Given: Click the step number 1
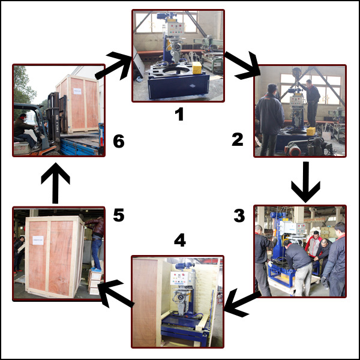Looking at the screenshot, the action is (x=179, y=114).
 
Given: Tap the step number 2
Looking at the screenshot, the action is (x=238, y=140).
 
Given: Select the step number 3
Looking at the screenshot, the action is (x=239, y=215).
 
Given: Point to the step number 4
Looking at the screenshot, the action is (x=180, y=240).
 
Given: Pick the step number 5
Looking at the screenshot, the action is (x=119, y=215).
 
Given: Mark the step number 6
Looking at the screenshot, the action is (x=119, y=141).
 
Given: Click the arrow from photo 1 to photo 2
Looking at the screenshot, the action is (x=244, y=65).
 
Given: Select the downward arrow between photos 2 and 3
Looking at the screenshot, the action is (x=305, y=182).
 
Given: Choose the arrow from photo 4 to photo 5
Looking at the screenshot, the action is (x=115, y=293).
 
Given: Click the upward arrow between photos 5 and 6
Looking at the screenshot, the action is (x=55, y=183).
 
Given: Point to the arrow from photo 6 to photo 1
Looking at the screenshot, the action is (x=113, y=65).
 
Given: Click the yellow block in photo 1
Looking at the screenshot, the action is (x=197, y=68).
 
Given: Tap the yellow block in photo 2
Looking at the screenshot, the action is (x=311, y=131).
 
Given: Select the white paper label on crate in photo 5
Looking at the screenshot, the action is (x=38, y=240).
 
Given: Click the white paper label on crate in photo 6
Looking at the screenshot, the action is (x=77, y=91).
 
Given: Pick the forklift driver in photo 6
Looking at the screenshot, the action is (x=25, y=131).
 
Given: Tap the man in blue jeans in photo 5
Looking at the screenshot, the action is (x=96, y=244).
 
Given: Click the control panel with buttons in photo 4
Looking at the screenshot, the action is (x=182, y=279).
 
